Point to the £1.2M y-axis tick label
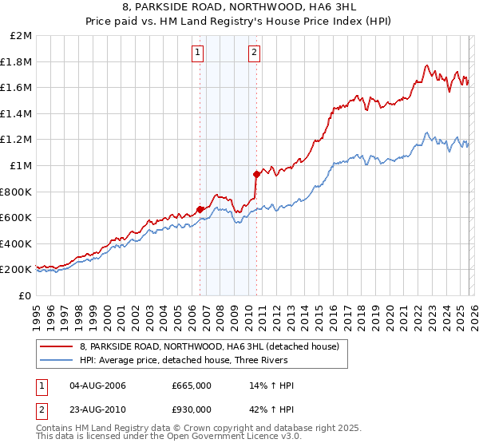[18, 140]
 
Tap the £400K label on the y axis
[18, 243]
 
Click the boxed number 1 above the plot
[197, 53]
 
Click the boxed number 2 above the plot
[254, 53]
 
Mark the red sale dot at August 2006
[200, 209]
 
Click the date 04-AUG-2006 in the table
[98, 386]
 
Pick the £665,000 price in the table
[192, 386]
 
